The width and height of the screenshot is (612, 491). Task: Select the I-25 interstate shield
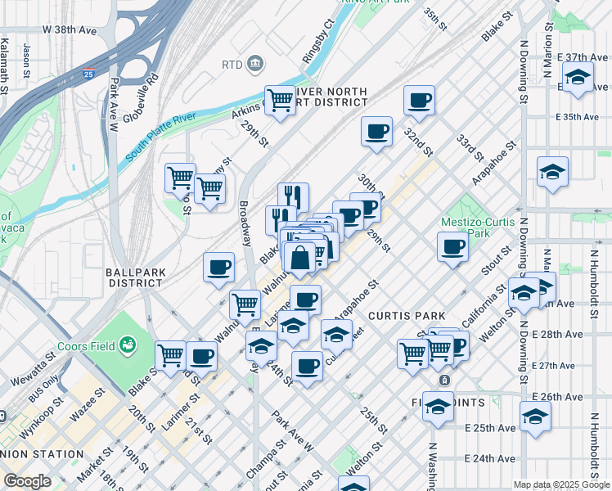tap(110, 73)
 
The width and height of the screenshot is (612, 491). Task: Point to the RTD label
tap(232, 64)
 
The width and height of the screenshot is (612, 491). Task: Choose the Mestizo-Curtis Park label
tap(478, 227)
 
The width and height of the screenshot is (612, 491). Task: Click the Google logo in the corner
tap(27, 481)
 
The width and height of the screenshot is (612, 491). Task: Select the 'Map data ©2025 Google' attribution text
tap(560, 484)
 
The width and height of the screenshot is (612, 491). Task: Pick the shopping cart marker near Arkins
tap(280, 101)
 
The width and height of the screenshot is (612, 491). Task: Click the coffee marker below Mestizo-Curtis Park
tap(451, 246)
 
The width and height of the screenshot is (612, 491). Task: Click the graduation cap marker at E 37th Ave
tap(578, 78)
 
